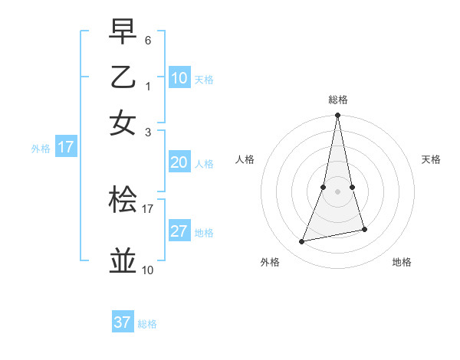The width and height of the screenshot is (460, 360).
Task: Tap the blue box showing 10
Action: (x=179, y=78)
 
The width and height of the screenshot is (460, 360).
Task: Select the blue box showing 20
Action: (x=179, y=162)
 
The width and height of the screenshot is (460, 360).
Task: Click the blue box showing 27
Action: (x=179, y=232)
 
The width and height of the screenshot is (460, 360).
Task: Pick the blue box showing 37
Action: (x=123, y=322)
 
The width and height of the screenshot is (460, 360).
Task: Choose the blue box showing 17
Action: (x=65, y=147)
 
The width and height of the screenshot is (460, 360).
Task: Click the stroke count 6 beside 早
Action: (x=148, y=39)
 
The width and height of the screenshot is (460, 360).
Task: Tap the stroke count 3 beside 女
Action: (x=148, y=131)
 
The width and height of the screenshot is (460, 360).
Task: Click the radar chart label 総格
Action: (x=338, y=100)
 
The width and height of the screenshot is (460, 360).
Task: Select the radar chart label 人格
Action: (x=245, y=159)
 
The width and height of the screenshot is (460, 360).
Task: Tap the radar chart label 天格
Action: (x=431, y=159)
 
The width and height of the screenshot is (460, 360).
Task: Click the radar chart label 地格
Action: (x=402, y=262)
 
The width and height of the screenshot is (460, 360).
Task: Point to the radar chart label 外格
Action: (x=270, y=262)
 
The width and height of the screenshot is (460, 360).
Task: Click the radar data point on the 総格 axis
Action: (x=337, y=116)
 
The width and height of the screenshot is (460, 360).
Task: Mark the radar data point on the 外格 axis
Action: (x=302, y=241)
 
